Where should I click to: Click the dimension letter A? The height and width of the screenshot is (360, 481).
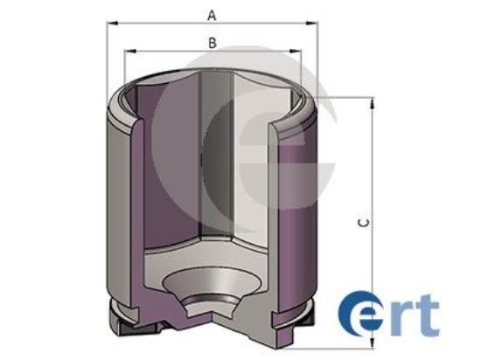tap(211, 15)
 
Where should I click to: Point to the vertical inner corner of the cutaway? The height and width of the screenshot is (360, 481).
tap(200, 157)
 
